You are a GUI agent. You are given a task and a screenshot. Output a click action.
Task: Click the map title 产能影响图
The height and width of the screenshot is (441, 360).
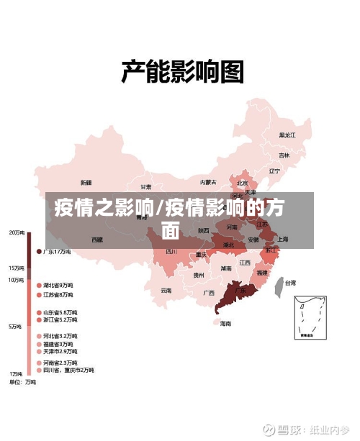coord(181,73)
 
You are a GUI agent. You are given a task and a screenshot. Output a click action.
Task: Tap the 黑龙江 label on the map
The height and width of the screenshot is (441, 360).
coord(287,135)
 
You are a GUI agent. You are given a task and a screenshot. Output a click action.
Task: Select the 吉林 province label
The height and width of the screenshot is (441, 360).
coord(284,155)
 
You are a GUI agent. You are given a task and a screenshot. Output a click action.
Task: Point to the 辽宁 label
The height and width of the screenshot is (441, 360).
coord(274,171)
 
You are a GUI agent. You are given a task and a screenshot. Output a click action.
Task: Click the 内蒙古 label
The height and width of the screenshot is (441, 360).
coord(208,182)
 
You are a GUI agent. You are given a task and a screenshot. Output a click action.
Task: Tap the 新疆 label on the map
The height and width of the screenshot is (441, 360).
coord(86,182)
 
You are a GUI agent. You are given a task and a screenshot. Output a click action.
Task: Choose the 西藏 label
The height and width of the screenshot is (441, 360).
coord(96,240)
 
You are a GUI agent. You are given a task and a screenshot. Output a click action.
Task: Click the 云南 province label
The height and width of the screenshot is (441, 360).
coord(166,290)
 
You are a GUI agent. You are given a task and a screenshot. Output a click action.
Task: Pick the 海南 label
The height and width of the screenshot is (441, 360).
coord(226,324)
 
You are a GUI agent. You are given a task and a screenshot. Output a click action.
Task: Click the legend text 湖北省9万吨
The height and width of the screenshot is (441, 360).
coord(58,285)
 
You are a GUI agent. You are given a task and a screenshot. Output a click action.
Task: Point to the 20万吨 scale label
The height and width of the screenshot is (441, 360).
coord(17,232)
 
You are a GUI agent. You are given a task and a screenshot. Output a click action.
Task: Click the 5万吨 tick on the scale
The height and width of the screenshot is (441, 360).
coord(15,327)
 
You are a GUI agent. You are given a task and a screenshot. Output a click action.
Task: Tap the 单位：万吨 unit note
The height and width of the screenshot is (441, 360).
coord(23,383)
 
